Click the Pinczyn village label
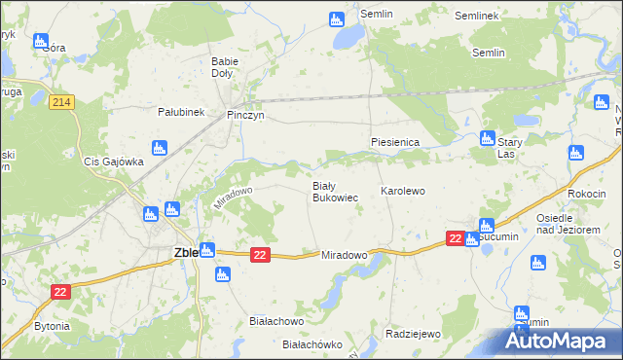coord(245,115)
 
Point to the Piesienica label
coord(394,142)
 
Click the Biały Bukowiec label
coord(335,192)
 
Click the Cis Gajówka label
coord(114,162)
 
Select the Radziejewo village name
coord(413,334)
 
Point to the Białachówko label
coord(312,344)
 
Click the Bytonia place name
coord(52,326)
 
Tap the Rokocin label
coord(587,194)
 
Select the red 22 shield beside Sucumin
coord(455,238)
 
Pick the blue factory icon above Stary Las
coord(489,138)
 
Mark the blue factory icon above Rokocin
coord(575,153)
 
